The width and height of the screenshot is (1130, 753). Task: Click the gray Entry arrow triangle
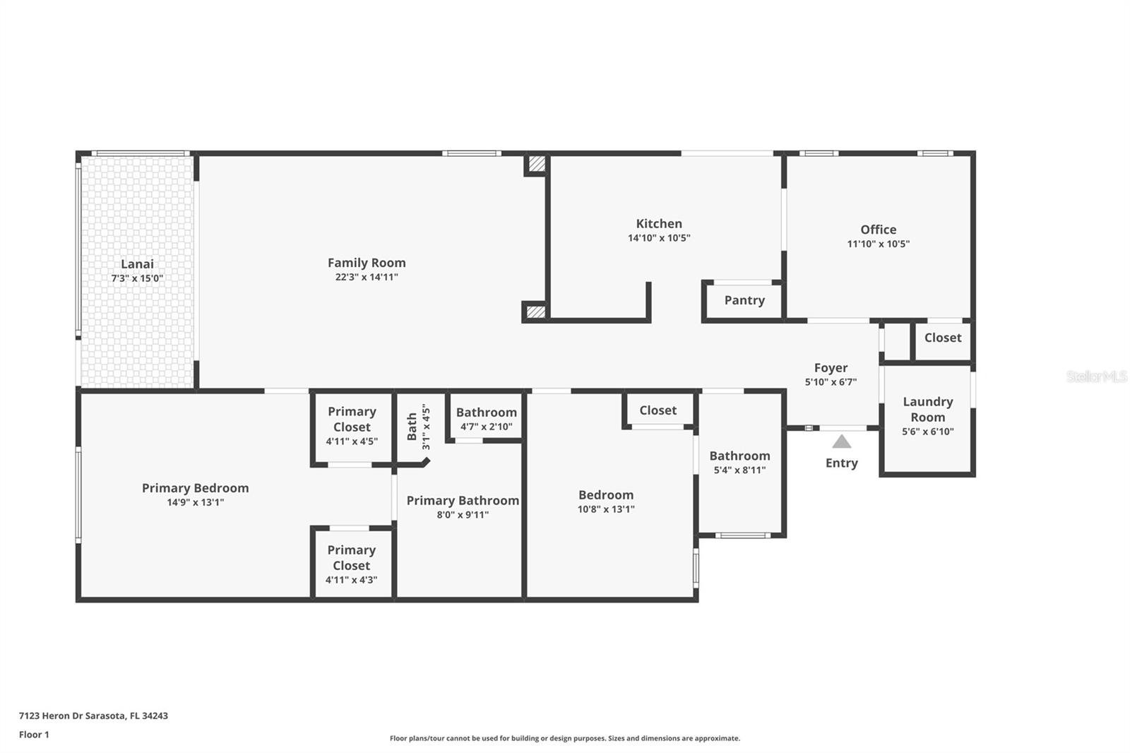click(841, 441)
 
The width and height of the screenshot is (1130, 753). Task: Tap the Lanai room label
click(137, 264)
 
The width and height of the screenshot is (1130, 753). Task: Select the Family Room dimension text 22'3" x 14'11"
click(367, 277)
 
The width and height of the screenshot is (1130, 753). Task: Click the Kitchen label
click(659, 224)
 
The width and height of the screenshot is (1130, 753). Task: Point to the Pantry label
click(744, 300)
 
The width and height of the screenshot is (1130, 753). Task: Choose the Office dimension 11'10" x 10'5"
click(879, 244)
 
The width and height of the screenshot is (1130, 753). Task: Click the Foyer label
click(831, 368)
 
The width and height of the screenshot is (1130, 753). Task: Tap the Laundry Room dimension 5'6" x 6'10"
click(928, 432)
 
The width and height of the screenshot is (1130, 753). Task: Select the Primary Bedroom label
click(195, 488)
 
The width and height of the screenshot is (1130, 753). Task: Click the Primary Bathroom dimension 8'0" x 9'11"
click(463, 515)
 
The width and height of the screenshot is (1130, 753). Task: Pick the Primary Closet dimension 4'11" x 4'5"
click(352, 441)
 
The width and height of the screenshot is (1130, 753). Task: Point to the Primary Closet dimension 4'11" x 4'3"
click(352, 580)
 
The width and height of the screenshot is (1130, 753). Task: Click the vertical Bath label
click(412, 427)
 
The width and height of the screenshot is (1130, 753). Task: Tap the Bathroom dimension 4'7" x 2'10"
click(487, 427)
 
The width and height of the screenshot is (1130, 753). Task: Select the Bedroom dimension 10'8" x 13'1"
click(606, 509)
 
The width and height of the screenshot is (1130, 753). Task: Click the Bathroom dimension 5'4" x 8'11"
click(739, 470)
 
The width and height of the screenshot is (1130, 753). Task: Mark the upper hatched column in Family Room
click(537, 164)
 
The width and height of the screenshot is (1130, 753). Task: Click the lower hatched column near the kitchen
click(536, 312)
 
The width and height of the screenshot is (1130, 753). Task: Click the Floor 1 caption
click(35, 735)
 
